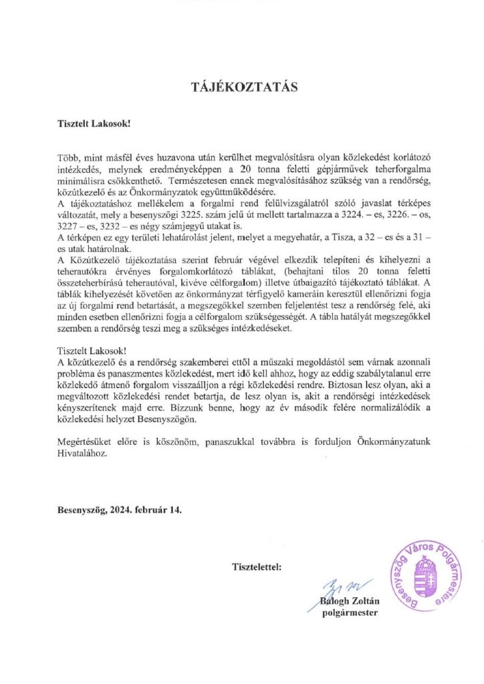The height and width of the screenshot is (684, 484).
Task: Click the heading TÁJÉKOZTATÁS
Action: click(x=242, y=88)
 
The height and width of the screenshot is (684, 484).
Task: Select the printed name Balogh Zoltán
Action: click(x=352, y=601)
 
